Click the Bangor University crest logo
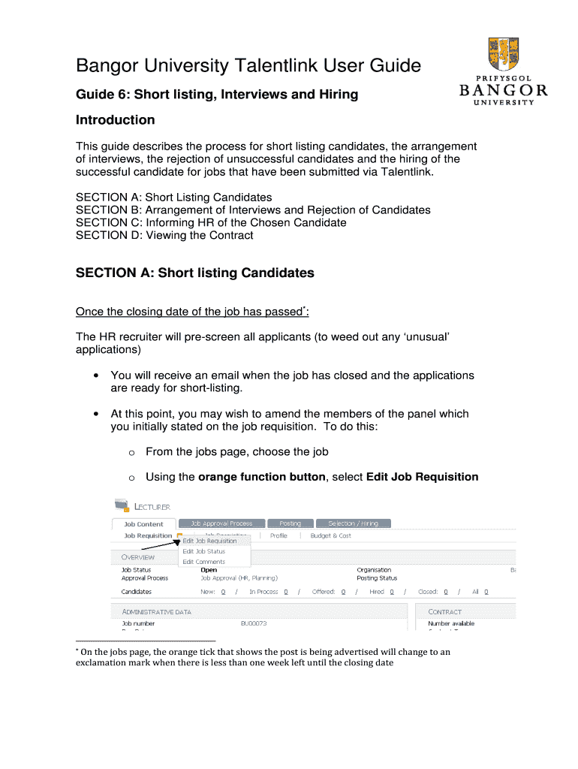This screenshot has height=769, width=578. [x=501, y=55]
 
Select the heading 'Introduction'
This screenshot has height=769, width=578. [x=115, y=120]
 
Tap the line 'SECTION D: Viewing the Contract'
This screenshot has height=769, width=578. [x=164, y=235]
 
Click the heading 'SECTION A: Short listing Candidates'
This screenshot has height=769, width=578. [x=194, y=273]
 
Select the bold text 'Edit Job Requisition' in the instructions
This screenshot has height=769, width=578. [x=422, y=477]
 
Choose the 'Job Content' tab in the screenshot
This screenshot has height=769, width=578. [x=143, y=524]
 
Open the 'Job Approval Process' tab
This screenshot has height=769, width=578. [x=221, y=523]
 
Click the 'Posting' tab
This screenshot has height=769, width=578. [x=290, y=523]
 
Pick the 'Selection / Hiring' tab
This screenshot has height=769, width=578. [x=353, y=523]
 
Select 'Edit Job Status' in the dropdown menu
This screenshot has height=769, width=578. [x=203, y=551]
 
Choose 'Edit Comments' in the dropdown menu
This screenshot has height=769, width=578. [x=203, y=562]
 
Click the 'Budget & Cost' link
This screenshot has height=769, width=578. [x=330, y=535]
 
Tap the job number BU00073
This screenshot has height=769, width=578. [x=254, y=623]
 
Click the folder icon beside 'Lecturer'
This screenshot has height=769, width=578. [x=121, y=506]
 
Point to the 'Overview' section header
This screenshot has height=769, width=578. [x=138, y=557]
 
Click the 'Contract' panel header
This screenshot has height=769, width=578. [x=445, y=612]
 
